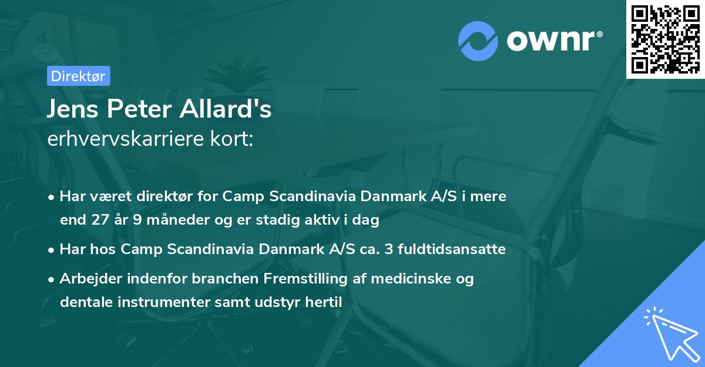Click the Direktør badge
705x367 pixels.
[78, 75]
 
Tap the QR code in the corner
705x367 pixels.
[665, 39]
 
